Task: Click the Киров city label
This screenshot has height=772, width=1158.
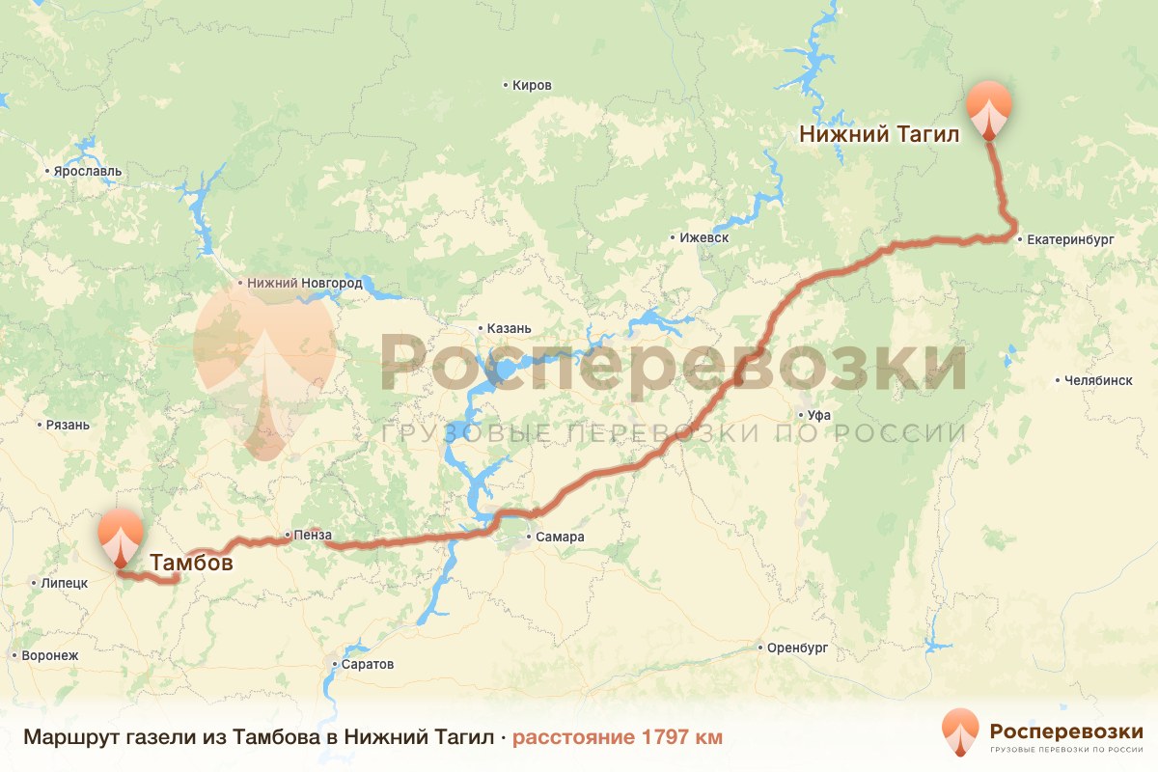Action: coord(532,86)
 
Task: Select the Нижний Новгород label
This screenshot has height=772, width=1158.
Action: coord(304,284)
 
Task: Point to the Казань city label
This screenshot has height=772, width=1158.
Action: coord(509,328)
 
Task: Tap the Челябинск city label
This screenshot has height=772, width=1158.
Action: coord(1098,380)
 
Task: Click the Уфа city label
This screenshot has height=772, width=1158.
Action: coord(819,415)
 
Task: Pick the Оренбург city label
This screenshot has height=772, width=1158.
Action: coord(797,648)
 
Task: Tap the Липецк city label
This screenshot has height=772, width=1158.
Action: coord(64,583)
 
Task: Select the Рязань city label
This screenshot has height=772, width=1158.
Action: coord(68,425)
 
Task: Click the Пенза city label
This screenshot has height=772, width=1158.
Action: coord(314,535)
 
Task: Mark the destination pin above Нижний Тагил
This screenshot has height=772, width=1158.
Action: coord(989,108)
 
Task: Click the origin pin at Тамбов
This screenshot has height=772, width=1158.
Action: coord(121,536)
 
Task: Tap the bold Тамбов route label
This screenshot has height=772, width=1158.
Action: coord(191,563)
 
